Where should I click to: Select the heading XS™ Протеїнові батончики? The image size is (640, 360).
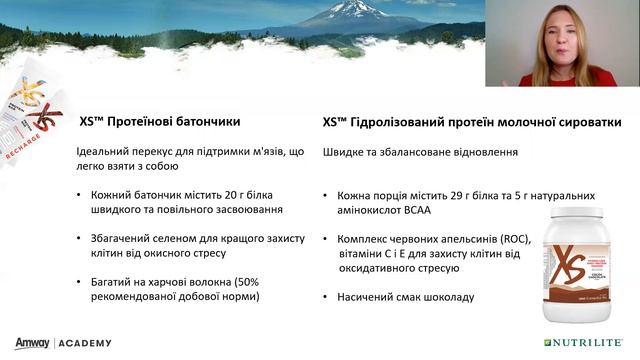click(x=159, y=122)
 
